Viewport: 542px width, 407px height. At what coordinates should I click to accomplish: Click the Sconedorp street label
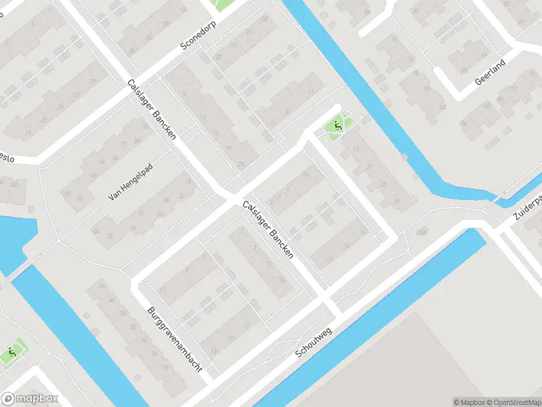(201, 37)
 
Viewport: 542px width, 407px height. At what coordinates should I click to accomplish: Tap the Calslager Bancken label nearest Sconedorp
(152, 109)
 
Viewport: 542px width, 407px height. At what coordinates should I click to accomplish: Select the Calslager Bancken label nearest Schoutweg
(268, 228)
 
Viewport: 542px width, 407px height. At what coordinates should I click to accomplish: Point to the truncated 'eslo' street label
(7, 157)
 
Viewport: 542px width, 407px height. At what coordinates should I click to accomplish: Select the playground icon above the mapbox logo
(12, 353)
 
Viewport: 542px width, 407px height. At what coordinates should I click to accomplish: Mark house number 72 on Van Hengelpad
(123, 144)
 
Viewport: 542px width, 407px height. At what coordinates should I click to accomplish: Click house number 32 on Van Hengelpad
(181, 197)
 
